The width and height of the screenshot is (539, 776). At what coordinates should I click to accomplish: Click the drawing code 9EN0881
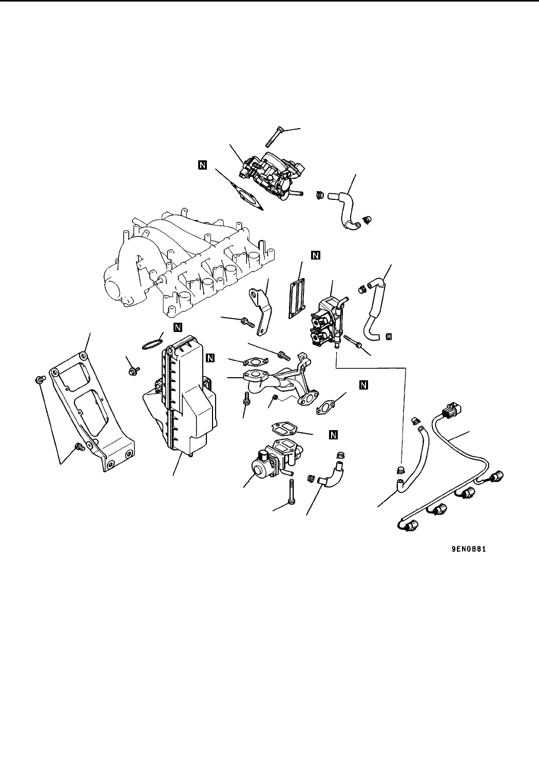(x=469, y=549)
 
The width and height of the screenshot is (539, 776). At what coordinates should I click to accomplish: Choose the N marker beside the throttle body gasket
(x=203, y=165)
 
